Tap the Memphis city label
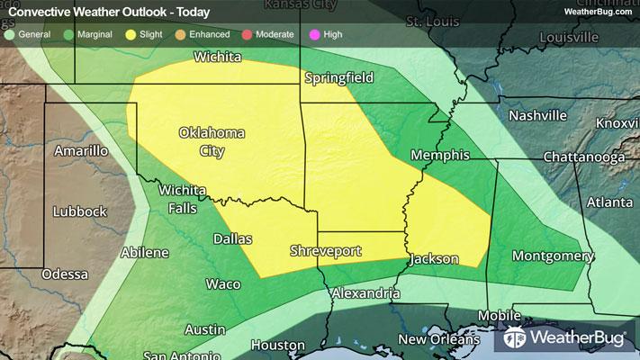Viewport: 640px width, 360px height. tap(440, 156)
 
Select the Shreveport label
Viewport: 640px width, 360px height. tap(327, 248)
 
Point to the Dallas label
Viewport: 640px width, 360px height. tap(232, 238)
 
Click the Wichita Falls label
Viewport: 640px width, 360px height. tap(184, 199)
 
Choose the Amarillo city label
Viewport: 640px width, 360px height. tap(81, 150)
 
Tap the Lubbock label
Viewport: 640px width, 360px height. tap(79, 211)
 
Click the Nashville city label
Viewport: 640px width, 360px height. tap(537, 115)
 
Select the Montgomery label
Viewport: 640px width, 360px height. tap(552, 256)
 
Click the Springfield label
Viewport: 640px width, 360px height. tap(338, 78)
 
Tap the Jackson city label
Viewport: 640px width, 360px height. tap(434, 259)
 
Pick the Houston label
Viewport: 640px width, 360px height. tap(278, 345)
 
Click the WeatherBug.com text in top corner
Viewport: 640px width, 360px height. tap(595, 11)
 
